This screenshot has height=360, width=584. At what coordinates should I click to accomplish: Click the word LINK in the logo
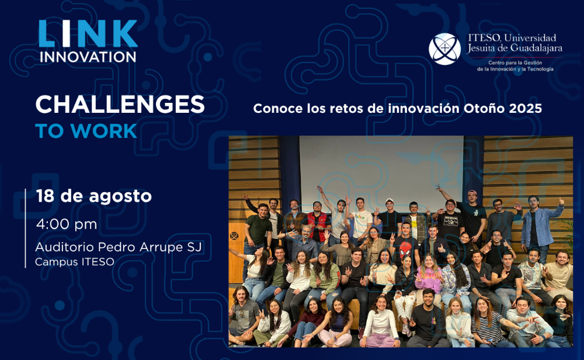pos(88,34)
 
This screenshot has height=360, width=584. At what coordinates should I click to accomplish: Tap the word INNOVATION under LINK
pos(88,57)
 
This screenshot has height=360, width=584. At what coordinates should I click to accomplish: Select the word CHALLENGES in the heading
pos(120,104)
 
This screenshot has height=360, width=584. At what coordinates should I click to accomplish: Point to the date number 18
pos(45,196)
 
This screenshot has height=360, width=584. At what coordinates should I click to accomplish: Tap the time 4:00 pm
pos(67,224)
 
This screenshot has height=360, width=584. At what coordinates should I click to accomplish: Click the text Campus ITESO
pos(75,262)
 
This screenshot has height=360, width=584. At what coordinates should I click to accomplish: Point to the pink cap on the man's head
pos(472,193)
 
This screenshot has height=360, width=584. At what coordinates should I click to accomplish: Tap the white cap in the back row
pos(390,201)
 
